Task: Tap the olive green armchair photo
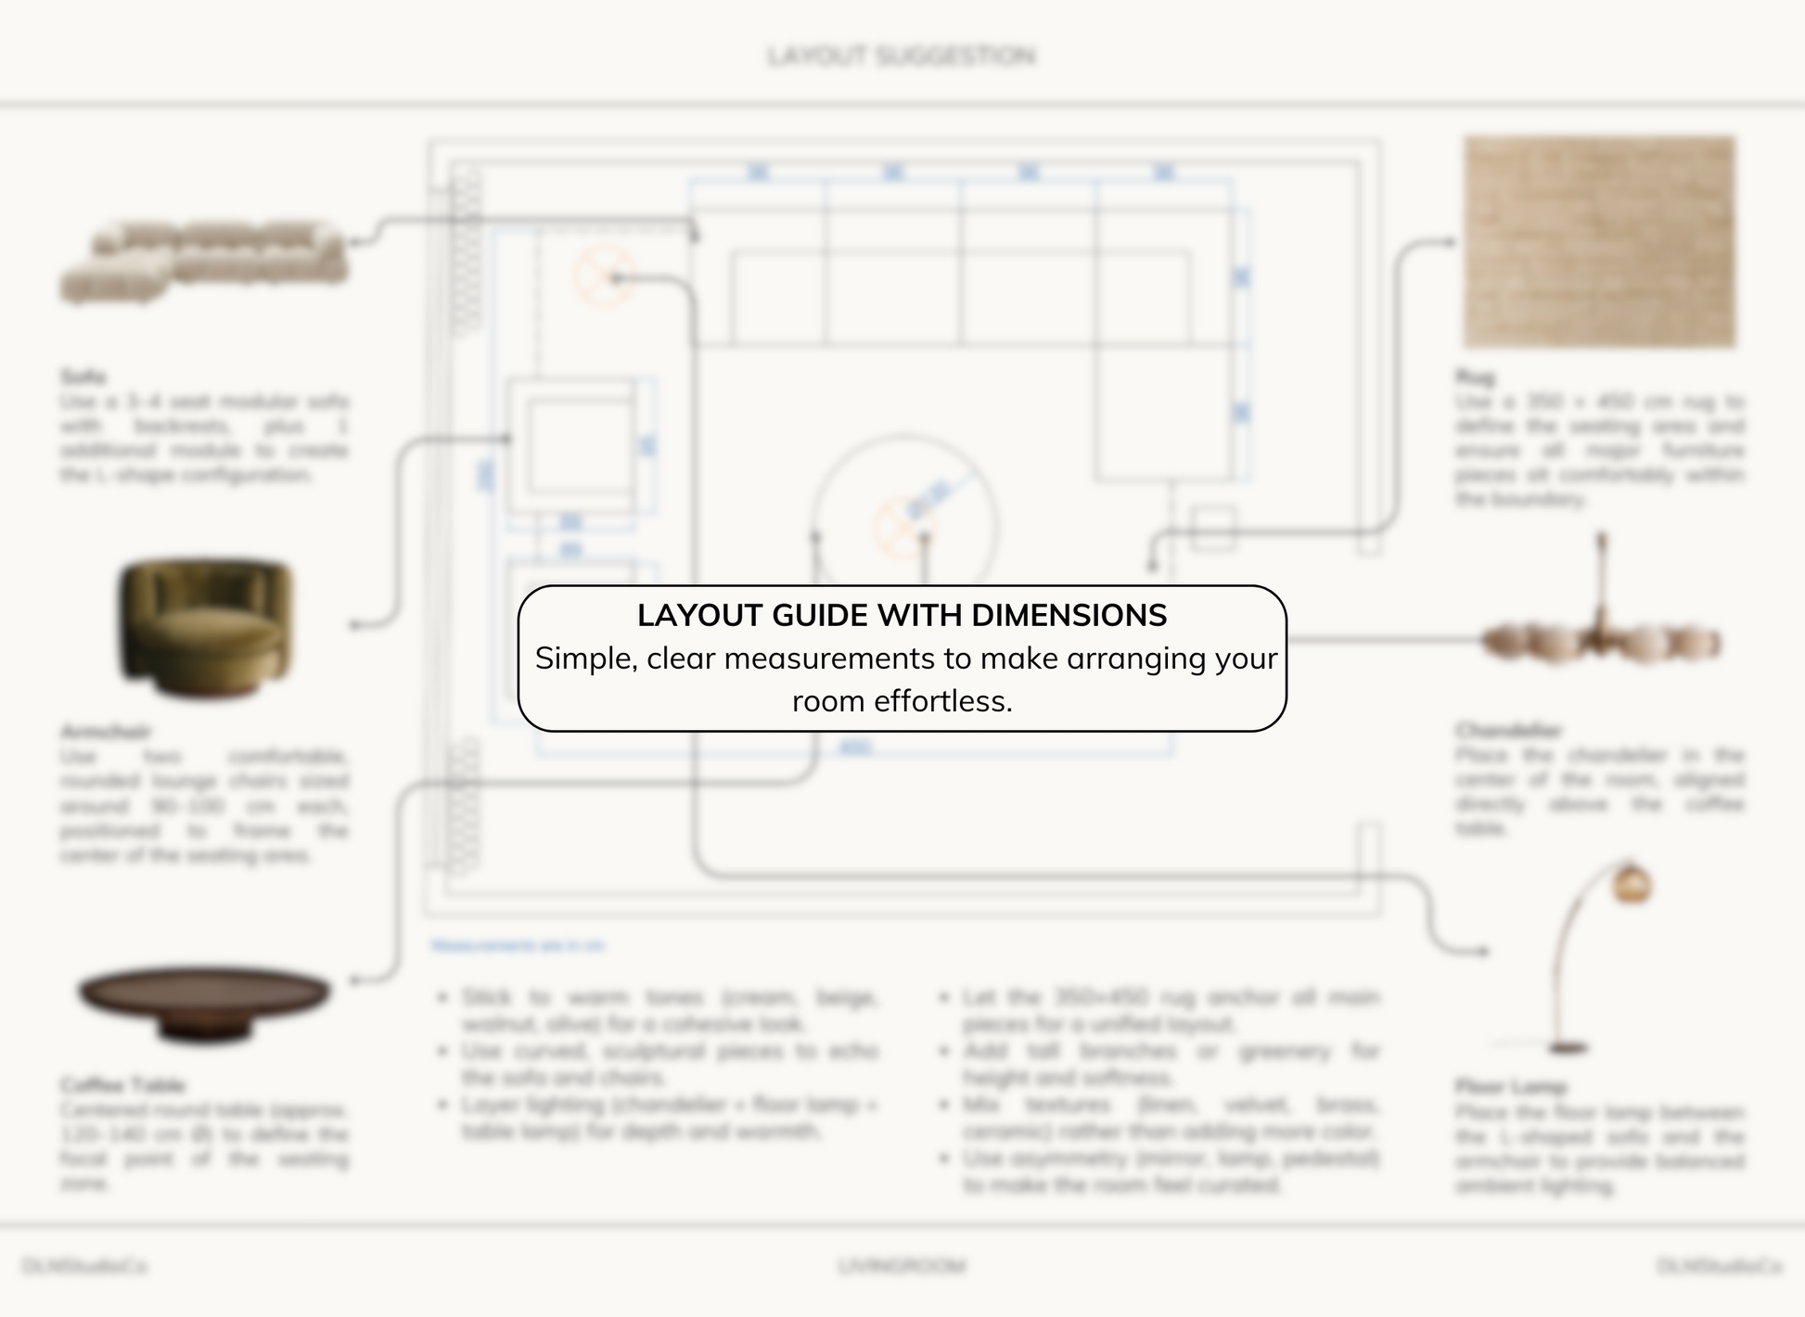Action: (x=206, y=629)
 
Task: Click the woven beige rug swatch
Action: (x=1599, y=242)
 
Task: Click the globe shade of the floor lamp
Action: (x=1632, y=883)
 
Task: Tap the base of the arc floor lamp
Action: (x=1568, y=1048)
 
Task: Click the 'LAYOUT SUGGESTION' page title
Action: (x=902, y=57)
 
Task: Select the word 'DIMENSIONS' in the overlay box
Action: (x=1069, y=615)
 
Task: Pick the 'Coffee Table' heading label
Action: (x=123, y=1085)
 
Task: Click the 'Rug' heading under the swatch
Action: (x=1475, y=377)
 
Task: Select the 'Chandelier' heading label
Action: (x=1508, y=730)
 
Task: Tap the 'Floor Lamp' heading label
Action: (x=1511, y=1086)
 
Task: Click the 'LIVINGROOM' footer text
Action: (x=902, y=1266)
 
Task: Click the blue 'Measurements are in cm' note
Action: (x=518, y=945)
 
